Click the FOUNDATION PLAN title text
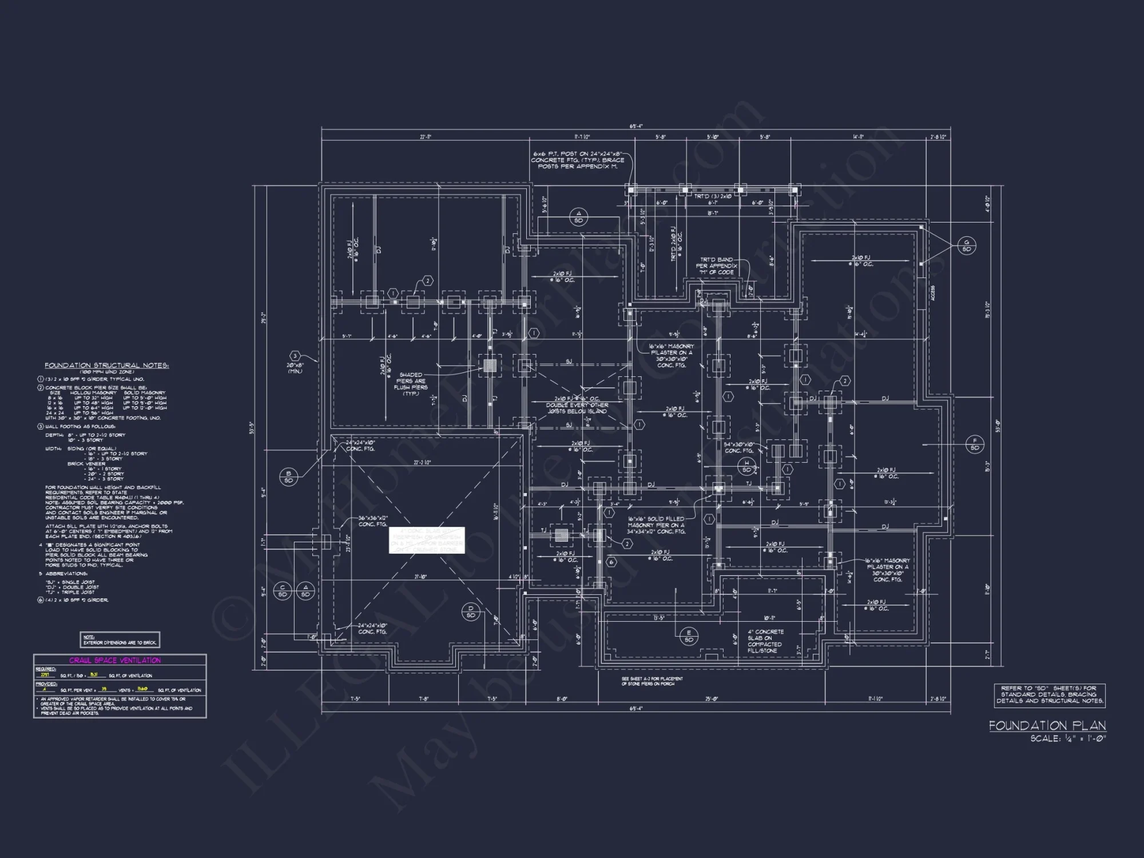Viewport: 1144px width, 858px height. tap(1047, 725)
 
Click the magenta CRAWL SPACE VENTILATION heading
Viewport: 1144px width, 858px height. tap(115, 660)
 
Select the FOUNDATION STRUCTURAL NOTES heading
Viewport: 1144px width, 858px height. tap(106, 365)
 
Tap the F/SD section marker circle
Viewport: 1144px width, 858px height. tap(975, 444)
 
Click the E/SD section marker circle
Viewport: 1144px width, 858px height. tap(689, 636)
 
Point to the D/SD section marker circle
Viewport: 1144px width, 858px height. tap(471, 611)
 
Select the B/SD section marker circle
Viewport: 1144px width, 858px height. tap(288, 476)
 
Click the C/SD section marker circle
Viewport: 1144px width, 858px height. tap(283, 591)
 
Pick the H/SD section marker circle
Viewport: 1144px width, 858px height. tap(746, 466)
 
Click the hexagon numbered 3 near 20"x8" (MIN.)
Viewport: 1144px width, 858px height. tap(295, 356)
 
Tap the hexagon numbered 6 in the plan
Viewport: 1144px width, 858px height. tap(611, 562)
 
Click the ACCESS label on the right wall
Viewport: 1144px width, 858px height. tap(932, 293)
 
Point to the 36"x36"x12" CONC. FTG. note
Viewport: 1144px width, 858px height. tap(373, 521)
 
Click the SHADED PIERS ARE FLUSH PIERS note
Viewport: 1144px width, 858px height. tap(411, 384)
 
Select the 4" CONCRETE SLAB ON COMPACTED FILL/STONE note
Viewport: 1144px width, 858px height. tap(765, 641)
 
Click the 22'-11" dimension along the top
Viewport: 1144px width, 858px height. tap(425, 137)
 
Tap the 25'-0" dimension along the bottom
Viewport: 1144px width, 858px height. tap(711, 698)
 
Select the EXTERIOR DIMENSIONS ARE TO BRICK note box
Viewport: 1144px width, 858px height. tap(120, 640)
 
